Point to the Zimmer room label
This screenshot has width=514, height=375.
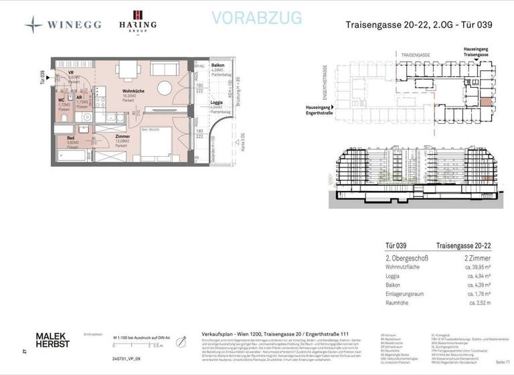coord(122,137)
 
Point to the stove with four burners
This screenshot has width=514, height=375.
coord(100,102)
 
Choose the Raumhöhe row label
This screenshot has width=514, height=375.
coord(398,302)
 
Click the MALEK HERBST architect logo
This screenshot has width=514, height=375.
coord(52,339)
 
